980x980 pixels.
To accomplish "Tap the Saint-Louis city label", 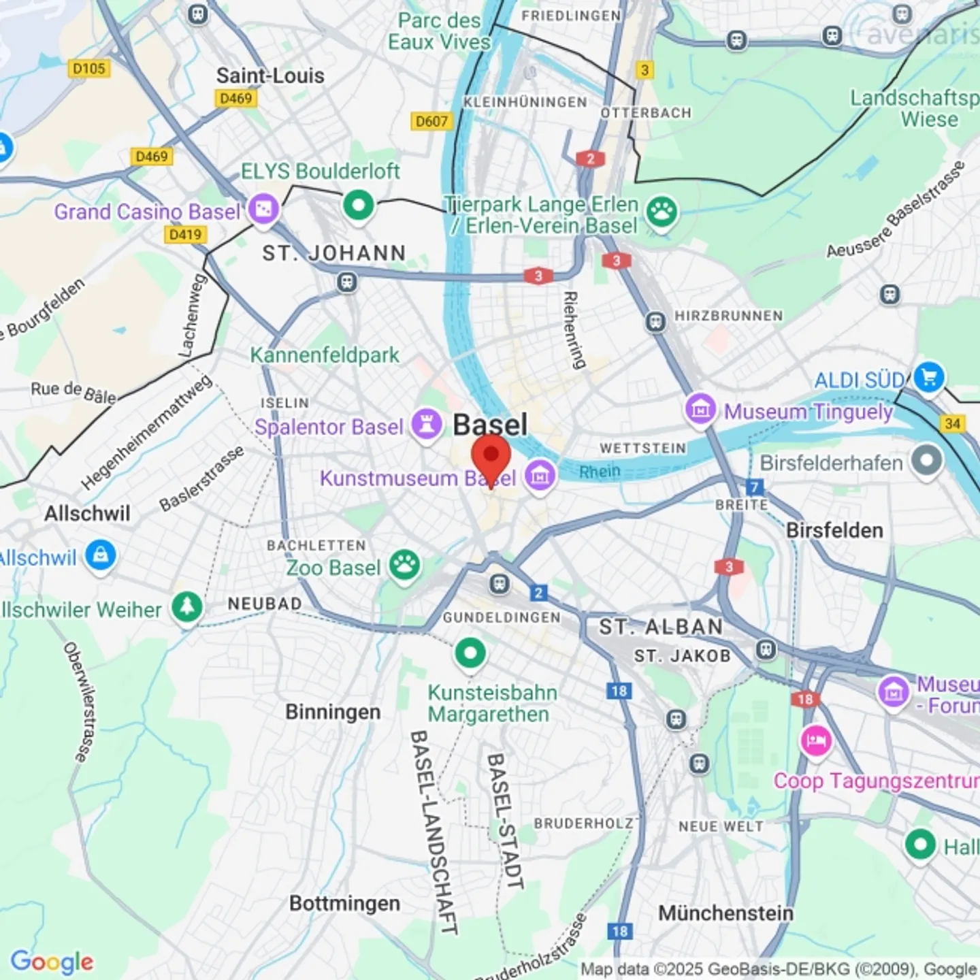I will click(270, 76).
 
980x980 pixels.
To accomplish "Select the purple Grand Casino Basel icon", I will click(263, 209).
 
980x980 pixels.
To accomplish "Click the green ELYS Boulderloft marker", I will click(359, 204).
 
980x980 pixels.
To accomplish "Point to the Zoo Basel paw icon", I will click(405, 565).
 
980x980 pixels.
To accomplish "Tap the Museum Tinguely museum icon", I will click(700, 410).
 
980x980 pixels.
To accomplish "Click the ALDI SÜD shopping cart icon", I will click(929, 376).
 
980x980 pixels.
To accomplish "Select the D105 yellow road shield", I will click(89, 68).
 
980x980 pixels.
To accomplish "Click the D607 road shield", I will click(431, 121).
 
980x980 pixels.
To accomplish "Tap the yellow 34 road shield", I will click(952, 423).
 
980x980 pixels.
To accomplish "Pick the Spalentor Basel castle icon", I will click(427, 425).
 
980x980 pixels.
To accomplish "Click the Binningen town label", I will click(333, 712).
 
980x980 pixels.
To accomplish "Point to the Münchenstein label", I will click(725, 913).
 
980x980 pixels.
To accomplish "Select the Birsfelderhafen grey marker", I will click(926, 461).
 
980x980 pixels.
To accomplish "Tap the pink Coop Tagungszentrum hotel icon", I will click(815, 740).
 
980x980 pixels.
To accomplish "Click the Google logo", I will click(52, 962).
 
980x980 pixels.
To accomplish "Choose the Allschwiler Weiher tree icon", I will click(187, 606).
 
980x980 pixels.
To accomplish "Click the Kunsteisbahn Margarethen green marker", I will click(470, 653).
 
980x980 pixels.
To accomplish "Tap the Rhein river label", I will click(600, 471).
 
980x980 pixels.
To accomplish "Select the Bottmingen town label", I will click(344, 903).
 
